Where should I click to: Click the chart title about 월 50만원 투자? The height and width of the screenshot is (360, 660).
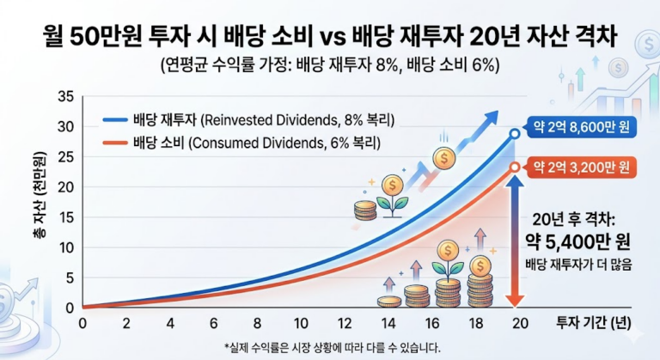click(330, 38)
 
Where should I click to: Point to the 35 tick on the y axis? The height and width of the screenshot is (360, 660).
click(64, 95)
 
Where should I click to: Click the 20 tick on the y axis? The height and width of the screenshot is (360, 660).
click(64, 186)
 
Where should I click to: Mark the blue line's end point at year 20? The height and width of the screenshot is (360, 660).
click(514, 134)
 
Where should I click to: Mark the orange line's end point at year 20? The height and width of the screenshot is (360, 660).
click(514, 167)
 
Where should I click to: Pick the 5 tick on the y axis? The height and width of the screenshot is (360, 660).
click(68, 278)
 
